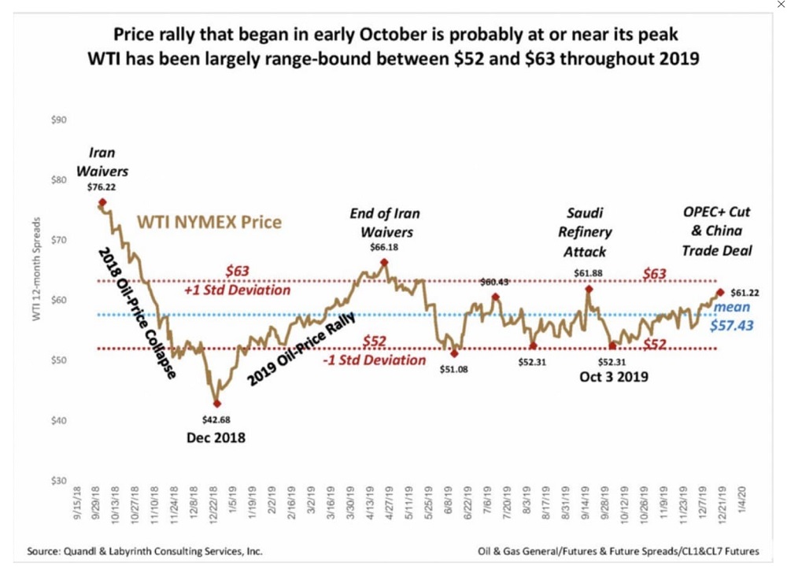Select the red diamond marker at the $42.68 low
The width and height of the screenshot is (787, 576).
(x=217, y=404)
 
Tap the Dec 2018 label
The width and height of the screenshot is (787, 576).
(x=216, y=438)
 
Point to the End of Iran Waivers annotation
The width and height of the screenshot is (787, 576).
(x=385, y=223)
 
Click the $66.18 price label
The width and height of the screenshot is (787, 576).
(x=385, y=247)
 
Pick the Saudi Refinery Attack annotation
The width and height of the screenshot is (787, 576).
(x=585, y=232)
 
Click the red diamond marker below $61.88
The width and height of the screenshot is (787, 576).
(x=589, y=289)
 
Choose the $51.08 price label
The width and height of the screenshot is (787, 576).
(x=453, y=367)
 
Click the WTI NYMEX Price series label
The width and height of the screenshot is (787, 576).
(x=209, y=222)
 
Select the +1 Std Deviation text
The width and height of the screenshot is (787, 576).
(x=237, y=290)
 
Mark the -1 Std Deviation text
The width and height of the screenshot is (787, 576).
(x=375, y=360)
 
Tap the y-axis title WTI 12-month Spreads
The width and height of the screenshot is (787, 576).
(x=36, y=268)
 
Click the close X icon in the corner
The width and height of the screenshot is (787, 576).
(x=780, y=5)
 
